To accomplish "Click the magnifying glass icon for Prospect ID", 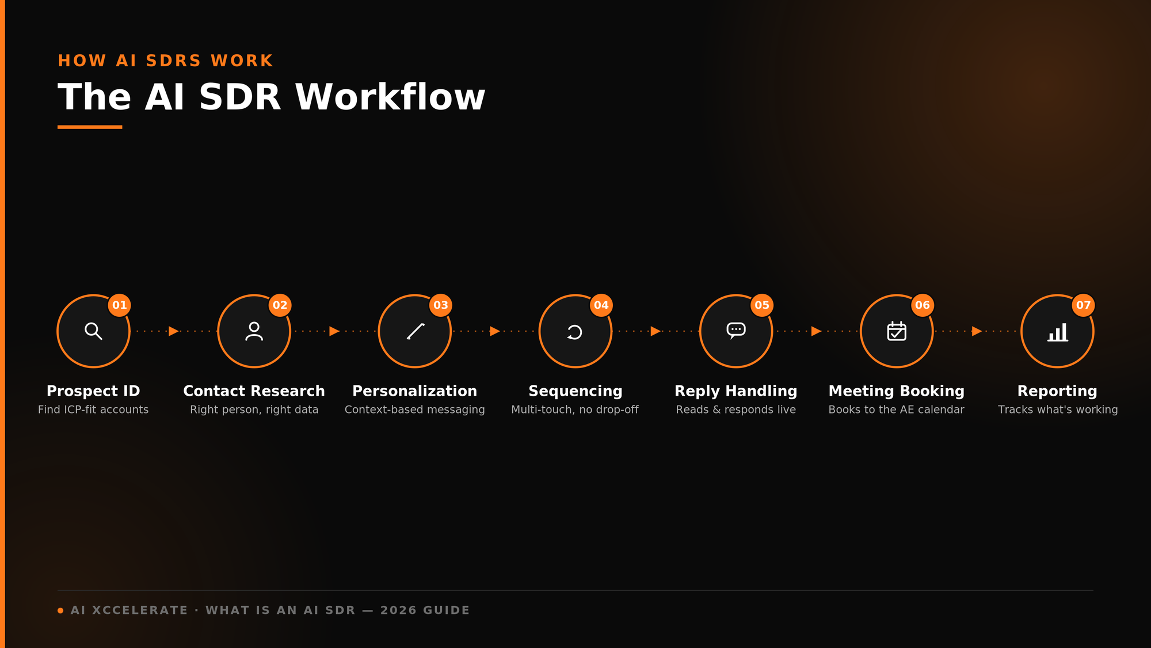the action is point(93,331).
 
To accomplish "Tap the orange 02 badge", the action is point(280,305).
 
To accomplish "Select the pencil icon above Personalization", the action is point(415,331).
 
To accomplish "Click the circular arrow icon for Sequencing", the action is point(575,332).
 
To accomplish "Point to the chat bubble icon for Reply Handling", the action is point(736,331).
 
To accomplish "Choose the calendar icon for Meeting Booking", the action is point(897,331).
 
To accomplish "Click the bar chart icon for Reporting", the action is point(1058,332).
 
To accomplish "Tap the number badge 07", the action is point(1083,305).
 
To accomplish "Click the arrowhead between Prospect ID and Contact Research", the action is point(173,331).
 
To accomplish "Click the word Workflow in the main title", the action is point(390,97).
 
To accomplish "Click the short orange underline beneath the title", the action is point(90,127).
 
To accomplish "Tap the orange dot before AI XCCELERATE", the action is point(60,611).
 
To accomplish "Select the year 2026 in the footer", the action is point(398,611).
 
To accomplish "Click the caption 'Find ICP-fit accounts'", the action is point(93,410).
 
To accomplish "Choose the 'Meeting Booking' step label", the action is point(897,391).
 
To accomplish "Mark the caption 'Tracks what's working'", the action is point(1058,410).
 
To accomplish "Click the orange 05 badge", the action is point(762,305).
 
